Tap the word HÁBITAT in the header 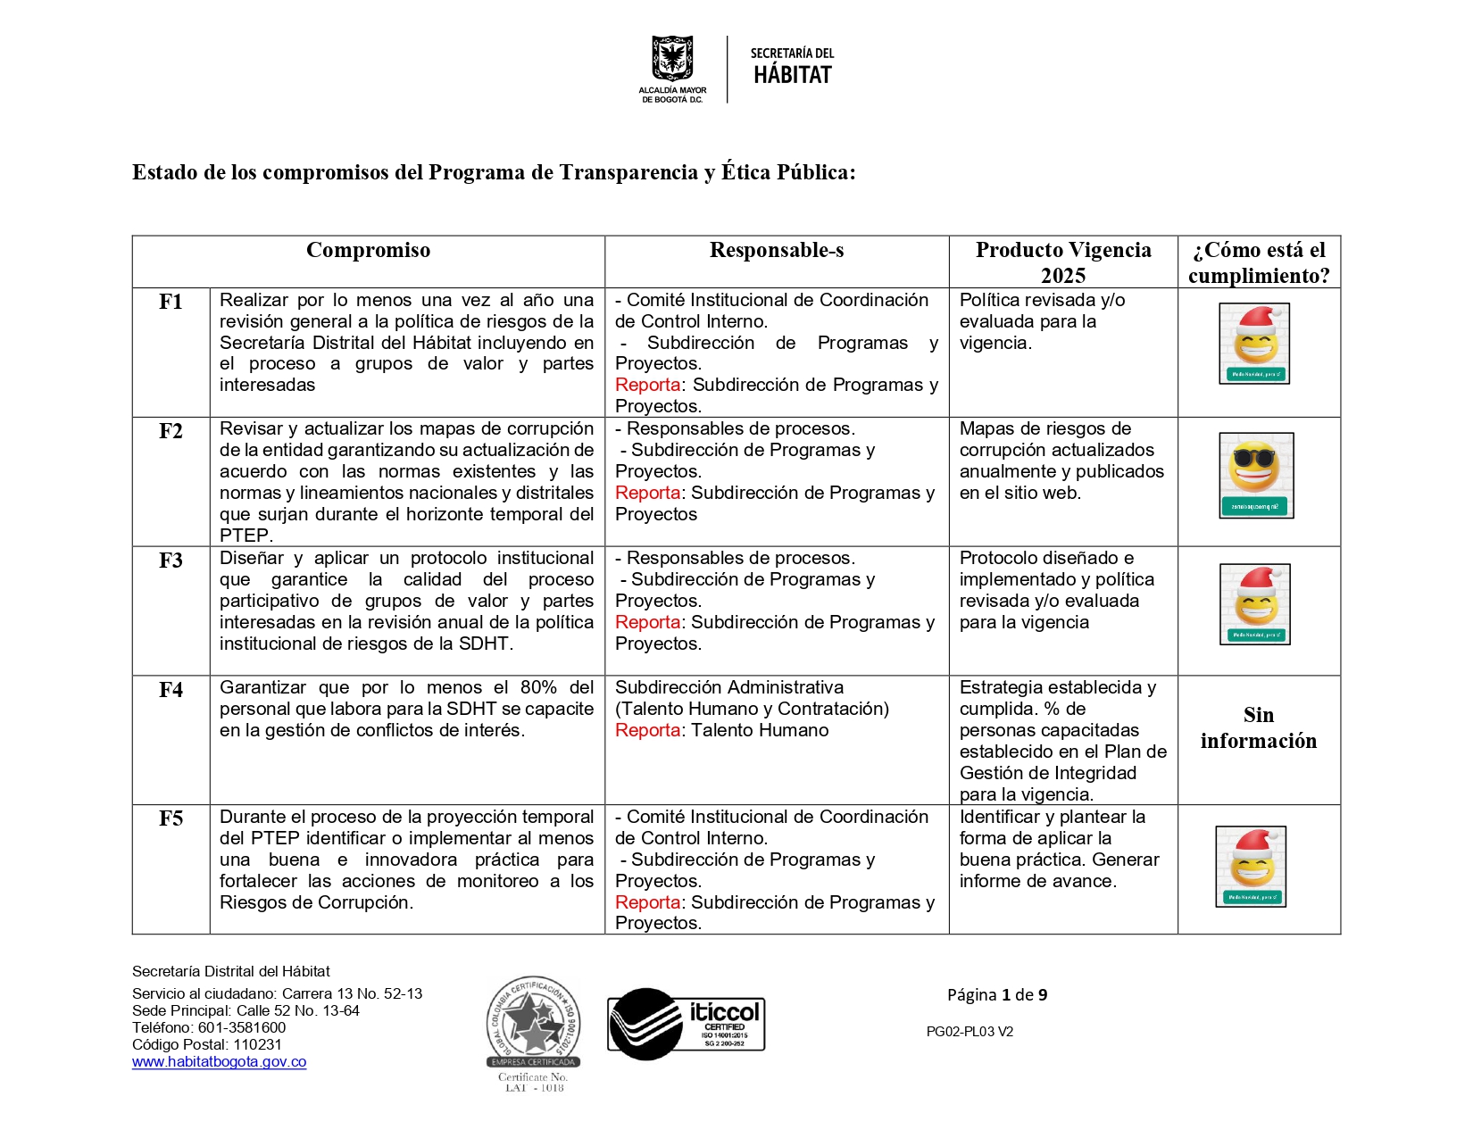pyautogui.click(x=792, y=76)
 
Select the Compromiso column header pyautogui.click(x=368, y=251)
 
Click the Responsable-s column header pyautogui.click(x=776, y=251)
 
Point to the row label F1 pyautogui.click(x=171, y=303)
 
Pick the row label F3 pyautogui.click(x=171, y=561)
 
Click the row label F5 pyautogui.click(x=171, y=818)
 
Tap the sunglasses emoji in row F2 pyautogui.click(x=1255, y=475)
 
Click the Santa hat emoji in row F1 pyautogui.click(x=1254, y=344)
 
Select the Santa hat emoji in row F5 pyautogui.click(x=1251, y=867)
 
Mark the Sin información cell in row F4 pyautogui.click(x=1258, y=728)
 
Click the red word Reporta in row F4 pyautogui.click(x=647, y=731)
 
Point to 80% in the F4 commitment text pyautogui.click(x=538, y=688)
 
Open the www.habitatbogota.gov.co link pyautogui.click(x=219, y=1062)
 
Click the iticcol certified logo pyautogui.click(x=686, y=1025)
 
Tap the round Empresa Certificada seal pyautogui.click(x=533, y=1023)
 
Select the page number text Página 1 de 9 pyautogui.click(x=996, y=995)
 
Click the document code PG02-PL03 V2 pyautogui.click(x=970, y=1032)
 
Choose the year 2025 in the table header pyautogui.click(x=1062, y=276)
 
